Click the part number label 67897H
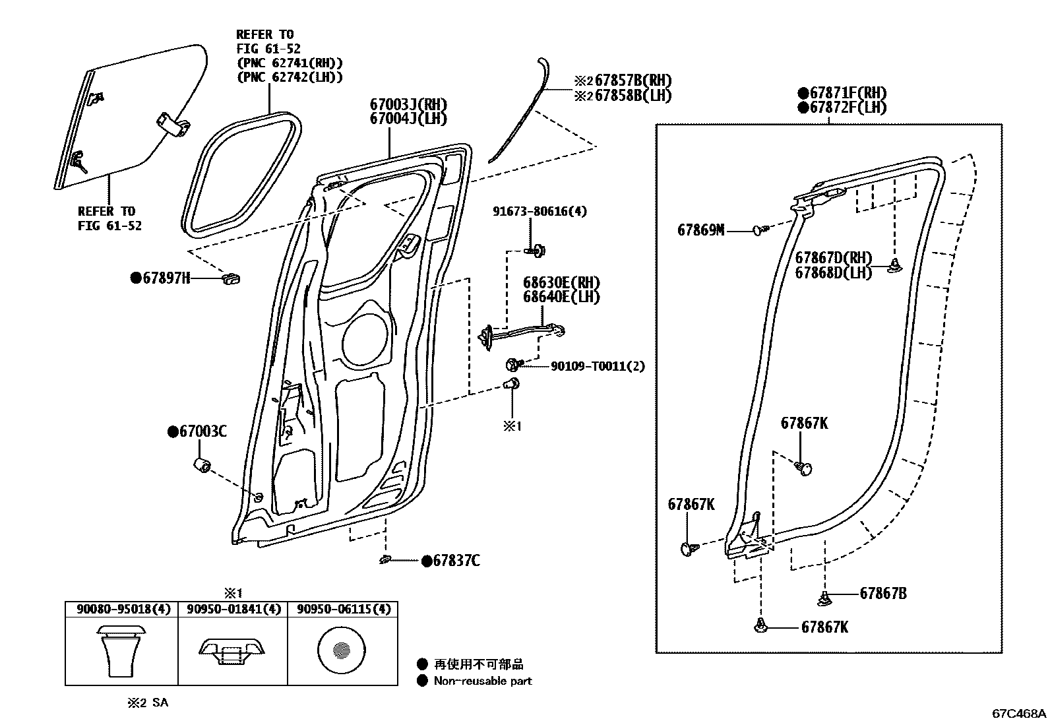[x=166, y=278]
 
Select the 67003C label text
[x=202, y=431]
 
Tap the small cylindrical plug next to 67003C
[x=201, y=466]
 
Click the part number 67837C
[x=456, y=561]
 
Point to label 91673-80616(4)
[x=539, y=211]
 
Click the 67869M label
[x=700, y=230]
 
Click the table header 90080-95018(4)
[x=122, y=609]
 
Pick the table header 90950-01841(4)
[x=233, y=609]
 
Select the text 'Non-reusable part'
[x=483, y=681]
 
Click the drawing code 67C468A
[x=1019, y=714]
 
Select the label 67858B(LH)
[x=633, y=95]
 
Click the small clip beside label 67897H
[x=232, y=278]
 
